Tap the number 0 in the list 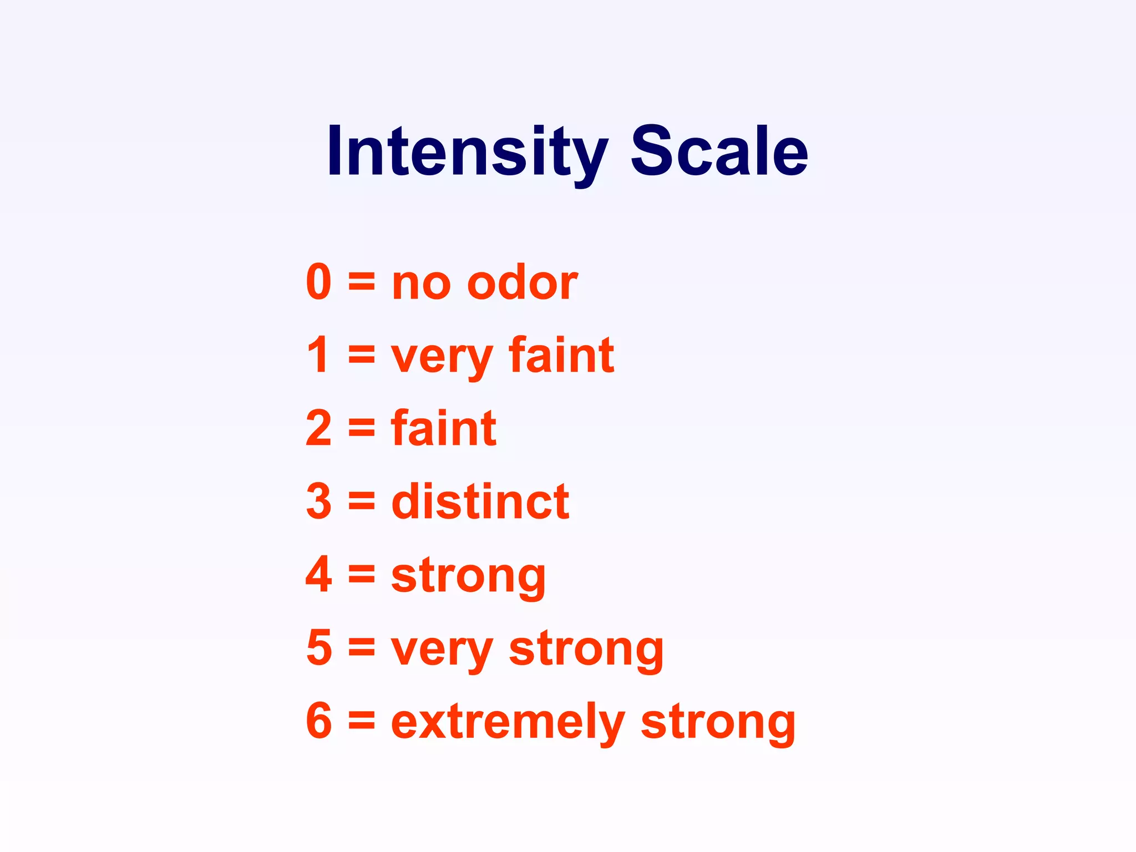[319, 282]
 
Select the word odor [522, 282]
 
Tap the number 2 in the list [319, 428]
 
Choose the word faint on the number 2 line [443, 428]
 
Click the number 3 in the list [319, 501]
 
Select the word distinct [480, 501]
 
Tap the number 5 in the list [319, 648]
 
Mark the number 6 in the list [319, 721]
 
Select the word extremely [508, 723]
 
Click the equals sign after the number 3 [362, 503]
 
